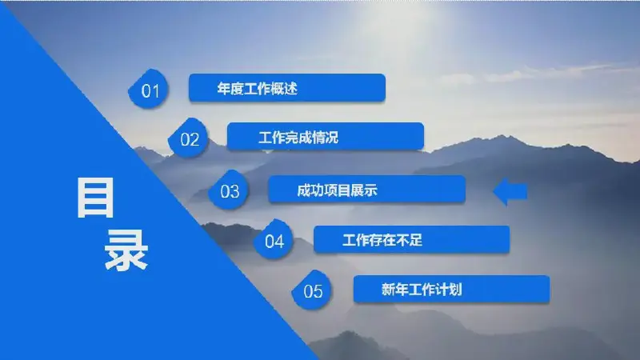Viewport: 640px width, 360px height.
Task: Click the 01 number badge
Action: click(x=149, y=89)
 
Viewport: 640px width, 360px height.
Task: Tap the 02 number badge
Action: click(x=189, y=138)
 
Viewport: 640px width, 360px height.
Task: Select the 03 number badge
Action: click(x=229, y=190)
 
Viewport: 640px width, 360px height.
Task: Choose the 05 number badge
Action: click(x=312, y=290)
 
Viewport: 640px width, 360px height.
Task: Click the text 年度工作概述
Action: click(x=257, y=89)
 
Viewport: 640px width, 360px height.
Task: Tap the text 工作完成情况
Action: click(x=298, y=138)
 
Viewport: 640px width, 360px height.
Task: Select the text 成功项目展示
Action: click(x=337, y=190)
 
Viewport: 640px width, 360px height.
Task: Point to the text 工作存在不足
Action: click(x=382, y=240)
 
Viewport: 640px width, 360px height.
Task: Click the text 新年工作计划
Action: click(x=422, y=290)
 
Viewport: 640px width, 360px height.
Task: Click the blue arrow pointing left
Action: click(x=510, y=191)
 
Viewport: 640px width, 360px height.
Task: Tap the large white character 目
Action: click(x=95, y=198)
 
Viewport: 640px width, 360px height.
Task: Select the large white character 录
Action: click(x=126, y=250)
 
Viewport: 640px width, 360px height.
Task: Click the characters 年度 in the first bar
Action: click(x=230, y=89)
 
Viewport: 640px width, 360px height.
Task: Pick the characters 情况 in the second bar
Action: click(x=326, y=138)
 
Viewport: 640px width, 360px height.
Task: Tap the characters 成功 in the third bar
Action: click(x=310, y=190)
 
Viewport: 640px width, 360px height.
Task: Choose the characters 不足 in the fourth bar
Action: click(x=410, y=240)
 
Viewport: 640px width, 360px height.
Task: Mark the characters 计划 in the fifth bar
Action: click(x=449, y=290)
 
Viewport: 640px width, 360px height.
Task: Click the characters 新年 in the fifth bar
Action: click(x=394, y=290)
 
